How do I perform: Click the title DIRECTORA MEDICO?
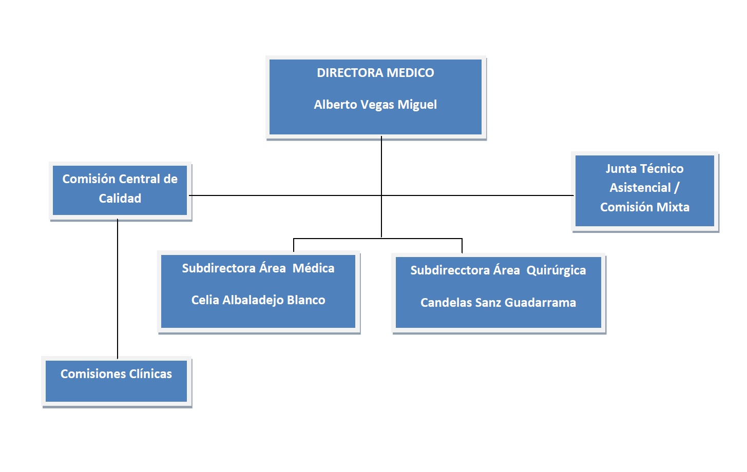(375, 73)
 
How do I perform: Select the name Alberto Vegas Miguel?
(375, 105)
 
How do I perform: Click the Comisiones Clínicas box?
(116, 380)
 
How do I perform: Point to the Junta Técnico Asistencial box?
(644, 190)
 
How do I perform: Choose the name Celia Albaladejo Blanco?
(258, 300)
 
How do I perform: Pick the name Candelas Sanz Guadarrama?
(498, 303)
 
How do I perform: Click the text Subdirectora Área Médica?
(258, 268)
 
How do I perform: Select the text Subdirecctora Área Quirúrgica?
(498, 270)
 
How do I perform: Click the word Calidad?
(120, 199)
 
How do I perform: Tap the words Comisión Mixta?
(644, 207)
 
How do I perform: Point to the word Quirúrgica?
(556, 270)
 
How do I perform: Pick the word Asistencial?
(640, 188)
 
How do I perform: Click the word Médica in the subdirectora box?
(313, 268)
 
